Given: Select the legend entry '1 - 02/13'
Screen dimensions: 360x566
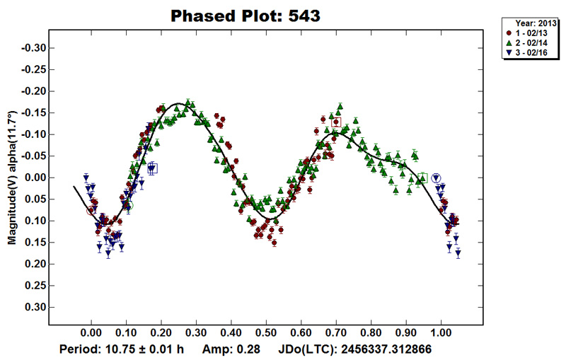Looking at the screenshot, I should (x=531, y=33).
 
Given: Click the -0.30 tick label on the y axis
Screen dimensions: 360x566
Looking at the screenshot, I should (x=34, y=48).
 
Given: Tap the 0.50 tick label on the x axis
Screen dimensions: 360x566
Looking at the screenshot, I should (x=266, y=331).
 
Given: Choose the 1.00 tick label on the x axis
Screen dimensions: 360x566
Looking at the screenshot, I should (x=441, y=331).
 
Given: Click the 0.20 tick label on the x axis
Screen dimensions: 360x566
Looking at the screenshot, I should (x=161, y=331).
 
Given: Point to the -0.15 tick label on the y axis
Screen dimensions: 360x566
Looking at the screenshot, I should (x=34, y=112).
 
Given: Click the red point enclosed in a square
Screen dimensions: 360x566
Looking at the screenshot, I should (x=336, y=122).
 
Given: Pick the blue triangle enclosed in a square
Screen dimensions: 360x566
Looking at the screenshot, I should (x=152, y=168).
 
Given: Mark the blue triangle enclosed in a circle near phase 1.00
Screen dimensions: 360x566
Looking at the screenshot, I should (x=436, y=178).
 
